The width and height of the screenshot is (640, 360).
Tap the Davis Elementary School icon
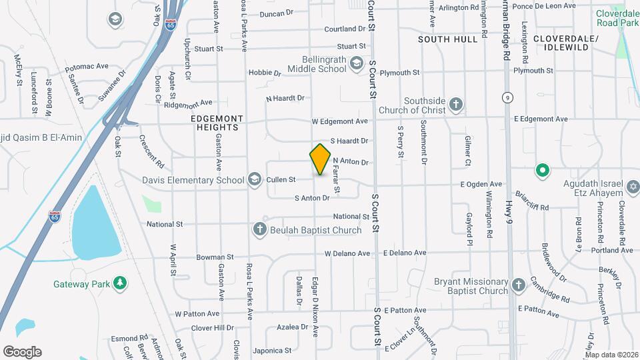(x=254, y=179)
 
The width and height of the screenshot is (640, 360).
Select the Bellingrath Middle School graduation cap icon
(x=357, y=63)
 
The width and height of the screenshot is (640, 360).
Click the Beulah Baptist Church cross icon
(x=260, y=229)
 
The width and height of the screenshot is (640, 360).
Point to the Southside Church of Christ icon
(x=456, y=104)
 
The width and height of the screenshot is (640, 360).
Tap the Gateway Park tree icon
(x=120, y=283)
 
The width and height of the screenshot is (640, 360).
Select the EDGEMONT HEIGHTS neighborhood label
(x=217, y=118)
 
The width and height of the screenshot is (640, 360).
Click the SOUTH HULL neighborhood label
(x=448, y=39)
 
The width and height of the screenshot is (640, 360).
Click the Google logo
(x=22, y=351)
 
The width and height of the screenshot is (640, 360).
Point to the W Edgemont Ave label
(x=340, y=121)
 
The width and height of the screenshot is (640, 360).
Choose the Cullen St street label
(x=281, y=180)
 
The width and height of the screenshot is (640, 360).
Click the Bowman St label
(x=215, y=257)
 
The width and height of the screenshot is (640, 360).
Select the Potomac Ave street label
(x=87, y=67)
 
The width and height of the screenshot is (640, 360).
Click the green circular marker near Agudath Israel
(x=543, y=170)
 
